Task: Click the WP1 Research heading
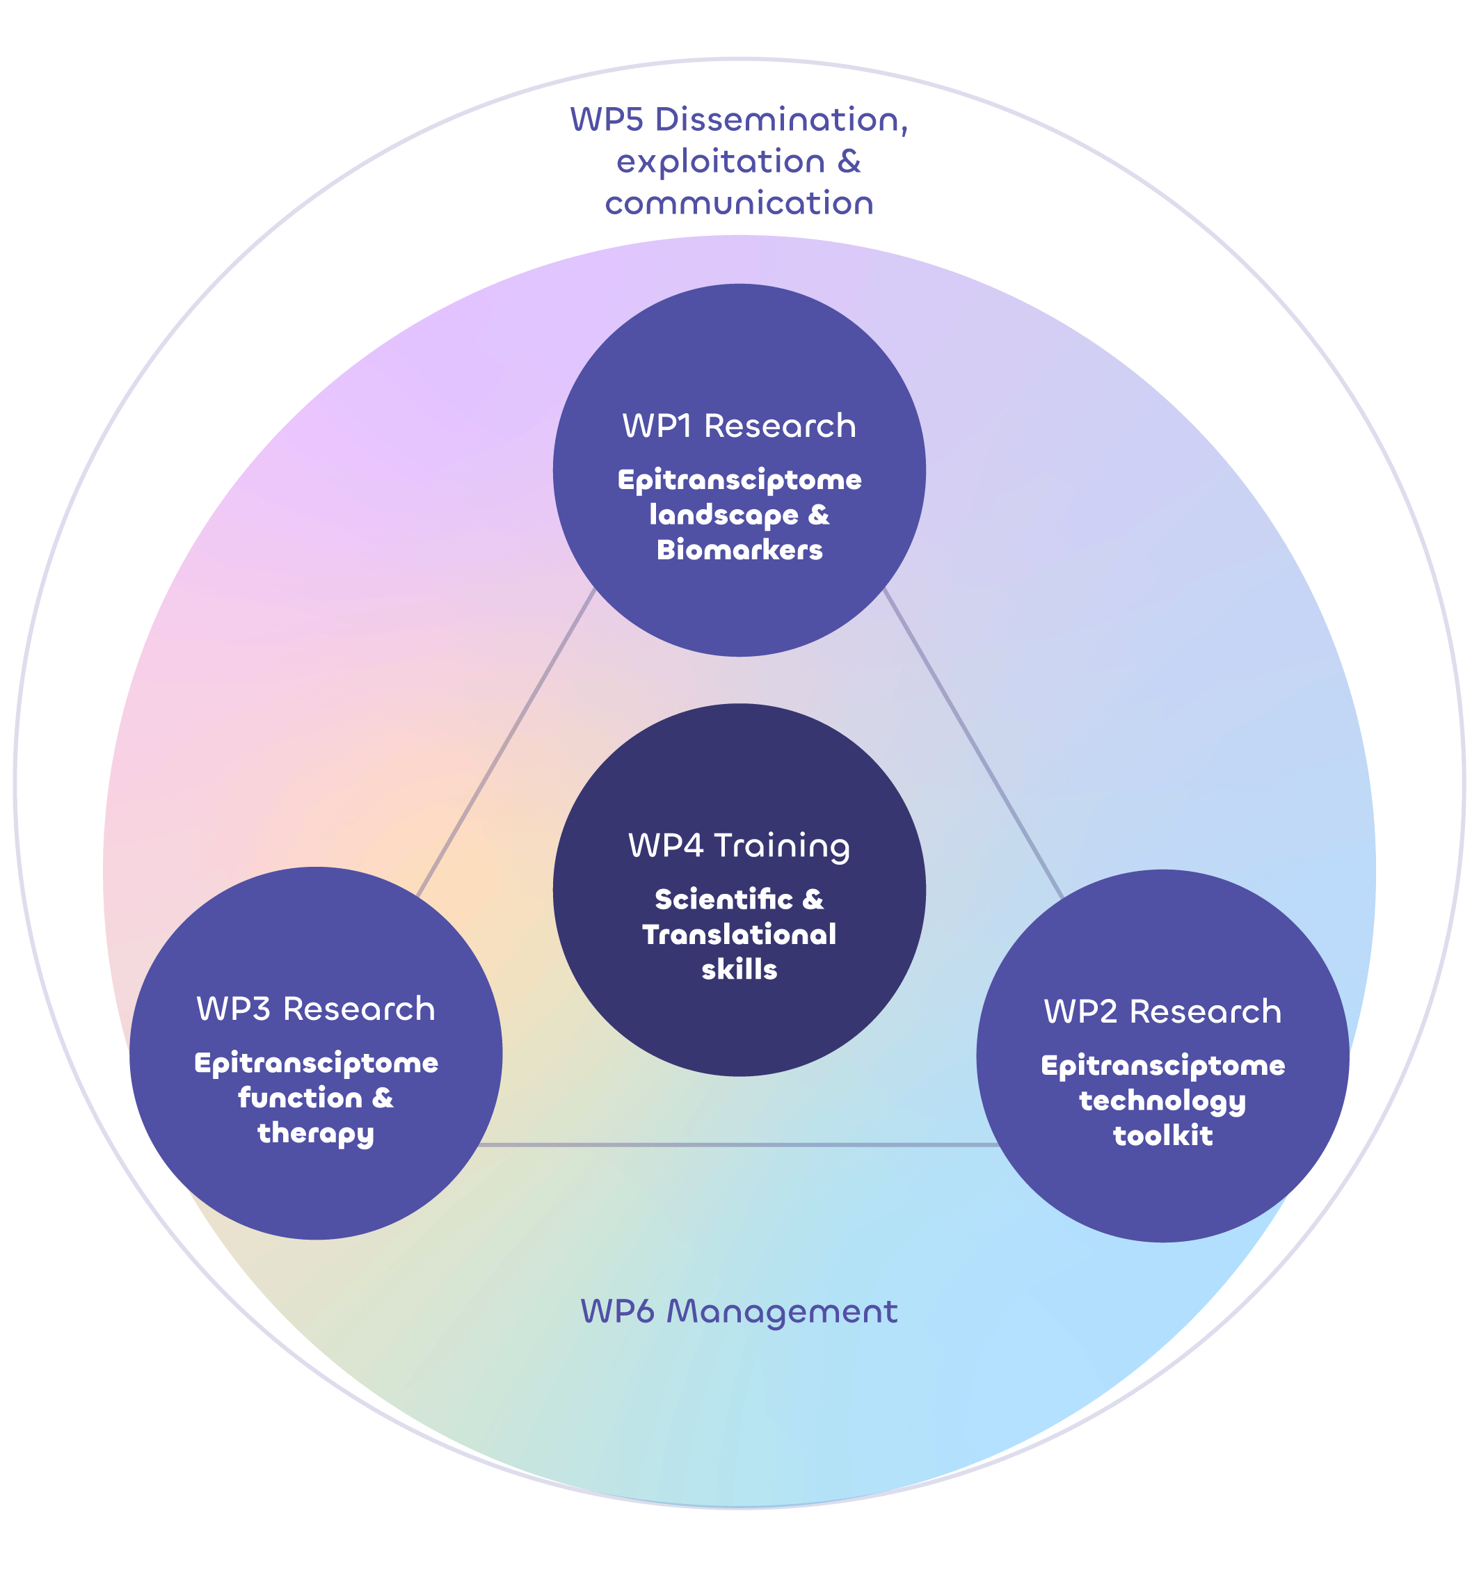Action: (739, 426)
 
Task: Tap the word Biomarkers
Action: (739, 550)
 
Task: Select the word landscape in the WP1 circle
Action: (723, 515)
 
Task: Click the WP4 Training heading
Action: (739, 845)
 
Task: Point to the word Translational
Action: (739, 935)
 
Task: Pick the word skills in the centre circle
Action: (739, 970)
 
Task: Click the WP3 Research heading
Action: (315, 1009)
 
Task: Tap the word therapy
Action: (315, 1134)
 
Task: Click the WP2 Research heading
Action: (1162, 1012)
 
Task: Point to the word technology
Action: (1162, 1101)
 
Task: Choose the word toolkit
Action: (1162, 1136)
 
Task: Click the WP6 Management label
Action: (739, 1312)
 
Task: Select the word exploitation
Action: (721, 161)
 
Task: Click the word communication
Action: (739, 204)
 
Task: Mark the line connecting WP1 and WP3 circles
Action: (506, 743)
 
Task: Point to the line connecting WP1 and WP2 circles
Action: (973, 743)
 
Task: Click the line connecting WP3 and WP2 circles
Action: (737, 1145)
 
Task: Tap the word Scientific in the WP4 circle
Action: (723, 900)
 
